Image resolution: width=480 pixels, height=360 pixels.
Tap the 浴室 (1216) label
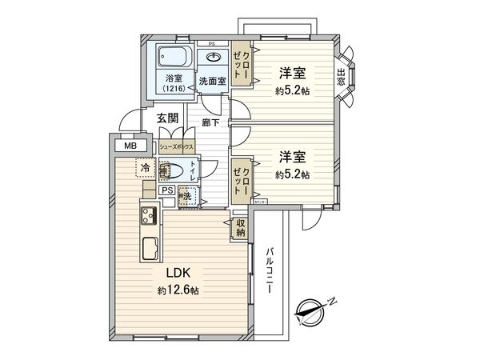click(x=174, y=82)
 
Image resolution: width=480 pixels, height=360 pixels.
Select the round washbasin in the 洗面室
click(x=214, y=58)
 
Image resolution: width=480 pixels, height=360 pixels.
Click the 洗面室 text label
click(x=213, y=80)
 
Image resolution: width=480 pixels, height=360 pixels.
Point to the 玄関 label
click(x=167, y=118)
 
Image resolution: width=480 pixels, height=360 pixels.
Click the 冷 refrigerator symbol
click(x=146, y=169)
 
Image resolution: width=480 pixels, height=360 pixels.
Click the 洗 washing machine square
click(x=186, y=197)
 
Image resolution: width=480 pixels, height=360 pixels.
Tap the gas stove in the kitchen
click(x=150, y=215)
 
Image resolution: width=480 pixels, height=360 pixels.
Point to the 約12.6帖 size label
click(x=177, y=290)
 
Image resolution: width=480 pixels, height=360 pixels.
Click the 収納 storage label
click(x=240, y=228)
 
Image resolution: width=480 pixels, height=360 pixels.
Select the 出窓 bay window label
click(x=342, y=77)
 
